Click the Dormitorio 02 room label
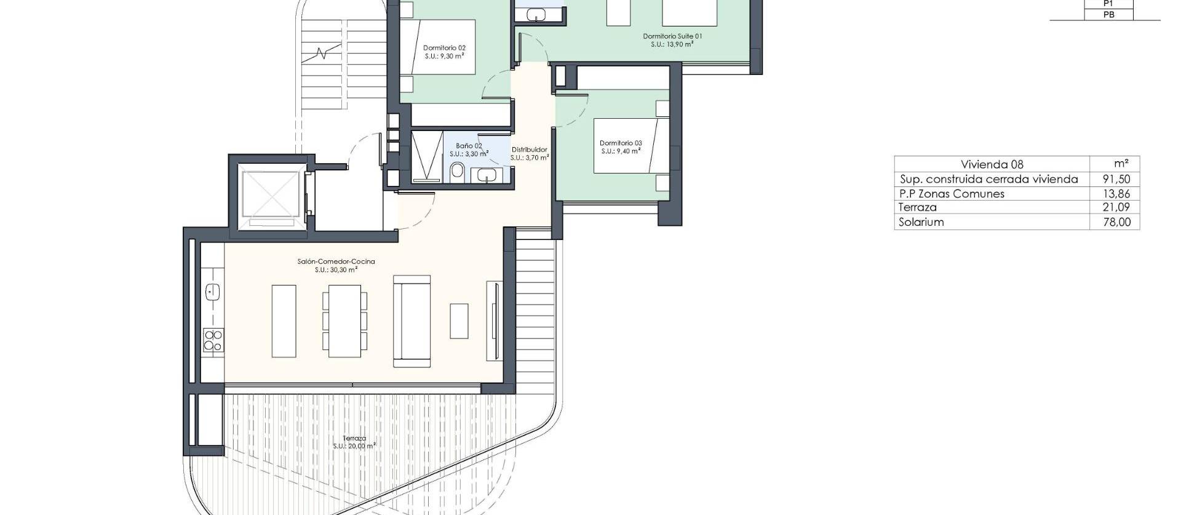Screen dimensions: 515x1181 (443, 51)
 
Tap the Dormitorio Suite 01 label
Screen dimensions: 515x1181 (672, 40)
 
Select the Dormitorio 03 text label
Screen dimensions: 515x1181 (621, 147)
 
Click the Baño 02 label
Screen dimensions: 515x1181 (469, 150)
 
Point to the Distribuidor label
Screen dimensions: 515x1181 (529, 153)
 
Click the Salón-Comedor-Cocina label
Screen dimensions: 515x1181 (336, 265)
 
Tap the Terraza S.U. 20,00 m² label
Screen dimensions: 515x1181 (354, 442)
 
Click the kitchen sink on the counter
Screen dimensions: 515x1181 (213, 292)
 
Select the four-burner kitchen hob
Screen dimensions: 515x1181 (213, 340)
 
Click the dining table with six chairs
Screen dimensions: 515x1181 (344, 321)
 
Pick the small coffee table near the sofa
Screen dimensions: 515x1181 (459, 321)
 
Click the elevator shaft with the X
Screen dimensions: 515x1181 (270, 195)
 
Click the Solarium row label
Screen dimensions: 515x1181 (921, 222)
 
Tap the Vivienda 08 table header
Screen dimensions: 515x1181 (992, 164)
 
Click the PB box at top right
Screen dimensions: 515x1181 (1108, 15)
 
